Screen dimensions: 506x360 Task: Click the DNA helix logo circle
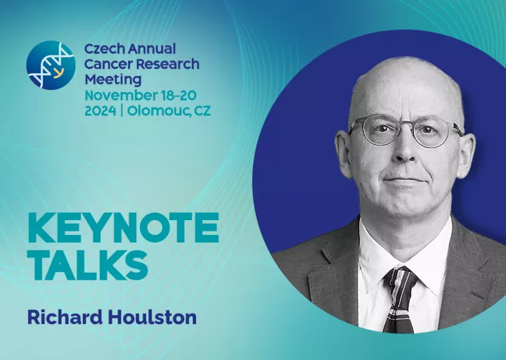(x=51, y=65)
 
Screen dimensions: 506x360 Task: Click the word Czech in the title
(x=104, y=49)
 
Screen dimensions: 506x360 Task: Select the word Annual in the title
(x=152, y=49)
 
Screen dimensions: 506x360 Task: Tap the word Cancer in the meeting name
(x=108, y=64)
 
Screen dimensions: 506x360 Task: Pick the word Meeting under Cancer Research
(x=113, y=80)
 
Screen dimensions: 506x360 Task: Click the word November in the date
(x=120, y=96)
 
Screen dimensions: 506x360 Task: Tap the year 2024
(x=100, y=111)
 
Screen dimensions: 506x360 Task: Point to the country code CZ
(x=202, y=111)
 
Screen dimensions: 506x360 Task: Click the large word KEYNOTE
(x=123, y=228)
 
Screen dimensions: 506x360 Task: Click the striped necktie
(x=399, y=299)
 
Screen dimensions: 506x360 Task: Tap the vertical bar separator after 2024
(x=122, y=111)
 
